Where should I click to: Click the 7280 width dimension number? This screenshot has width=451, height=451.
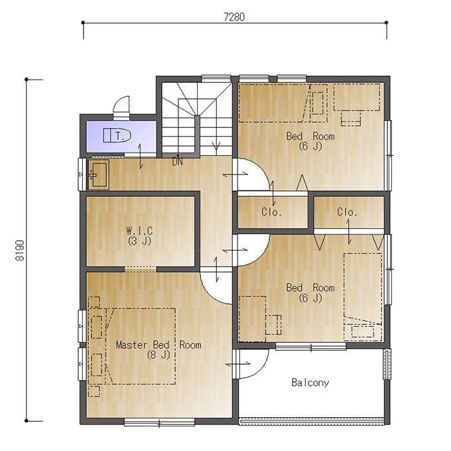tap(234, 17)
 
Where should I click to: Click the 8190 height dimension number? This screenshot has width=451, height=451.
tap(20, 250)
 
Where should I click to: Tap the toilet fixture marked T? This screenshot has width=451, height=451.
tap(117, 135)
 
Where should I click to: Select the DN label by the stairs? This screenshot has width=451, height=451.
tap(178, 162)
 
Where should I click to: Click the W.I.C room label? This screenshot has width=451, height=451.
tap(140, 230)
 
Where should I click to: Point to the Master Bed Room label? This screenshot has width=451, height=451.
tap(159, 345)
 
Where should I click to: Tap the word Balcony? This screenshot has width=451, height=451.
tap(310, 383)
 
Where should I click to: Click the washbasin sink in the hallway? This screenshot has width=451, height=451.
tap(98, 174)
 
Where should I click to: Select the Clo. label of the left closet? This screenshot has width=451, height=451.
tap(271, 212)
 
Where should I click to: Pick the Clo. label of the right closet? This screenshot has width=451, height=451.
tap(347, 212)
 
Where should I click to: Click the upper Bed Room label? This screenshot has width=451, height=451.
tap(310, 136)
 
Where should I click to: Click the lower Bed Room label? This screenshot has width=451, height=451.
tap(310, 288)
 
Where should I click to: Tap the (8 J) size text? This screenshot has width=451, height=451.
tap(159, 355)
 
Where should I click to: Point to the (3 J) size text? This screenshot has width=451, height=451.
tap(139, 241)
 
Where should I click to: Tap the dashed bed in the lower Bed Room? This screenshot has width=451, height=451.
tap(363, 297)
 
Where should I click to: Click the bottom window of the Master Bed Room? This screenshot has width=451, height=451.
tap(159, 422)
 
